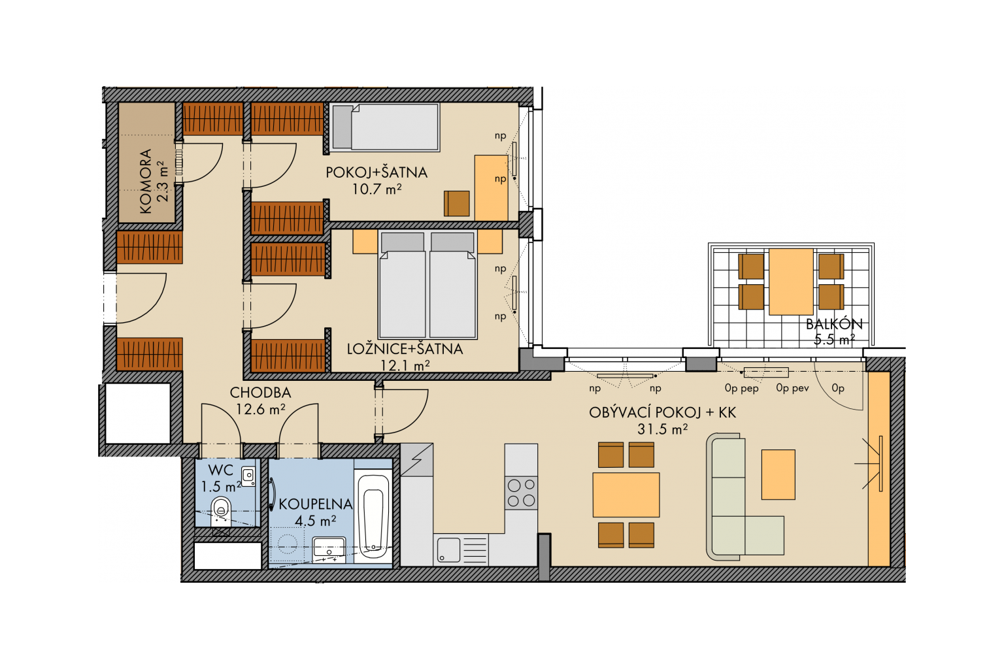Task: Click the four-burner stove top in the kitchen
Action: click(x=521, y=493)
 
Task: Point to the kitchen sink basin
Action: click(x=448, y=550)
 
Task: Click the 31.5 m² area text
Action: click(x=662, y=429)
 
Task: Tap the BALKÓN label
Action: click(x=834, y=324)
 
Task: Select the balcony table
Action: click(x=791, y=282)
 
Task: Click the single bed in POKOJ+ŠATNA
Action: click(x=384, y=127)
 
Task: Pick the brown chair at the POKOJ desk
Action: click(x=457, y=203)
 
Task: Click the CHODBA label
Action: click(x=260, y=393)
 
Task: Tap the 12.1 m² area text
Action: click(x=405, y=366)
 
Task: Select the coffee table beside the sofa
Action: click(x=778, y=474)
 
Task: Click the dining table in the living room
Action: click(x=626, y=495)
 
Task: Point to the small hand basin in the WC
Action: click(x=248, y=476)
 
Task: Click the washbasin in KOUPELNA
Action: click(x=329, y=547)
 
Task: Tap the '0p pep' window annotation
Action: click(x=741, y=388)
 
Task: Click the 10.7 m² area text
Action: click(x=376, y=189)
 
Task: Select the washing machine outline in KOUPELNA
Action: click(x=287, y=544)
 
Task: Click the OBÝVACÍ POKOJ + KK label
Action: click(x=662, y=412)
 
